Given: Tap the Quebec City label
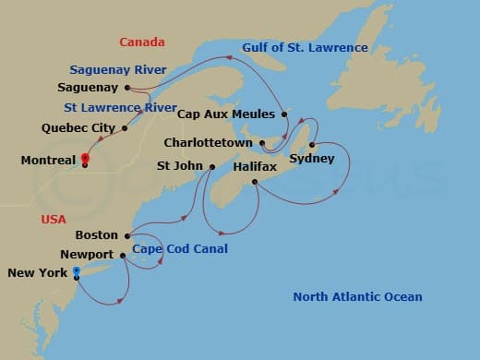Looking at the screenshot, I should coord(78,127).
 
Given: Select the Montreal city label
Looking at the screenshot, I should coord(48,161).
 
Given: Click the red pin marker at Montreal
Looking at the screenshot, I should coord(84,158).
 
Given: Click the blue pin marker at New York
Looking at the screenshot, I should coord(77,271).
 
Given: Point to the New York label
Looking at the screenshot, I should coord(37,273).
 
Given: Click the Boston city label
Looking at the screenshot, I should coord(97,235).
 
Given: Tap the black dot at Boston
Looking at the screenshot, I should coord(126,235).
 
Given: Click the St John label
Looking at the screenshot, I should coord(178,166).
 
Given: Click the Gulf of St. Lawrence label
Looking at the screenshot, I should coord(306,47).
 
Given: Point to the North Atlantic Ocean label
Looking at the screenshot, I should coord(357,296).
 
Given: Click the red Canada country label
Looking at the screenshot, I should coord(142,42).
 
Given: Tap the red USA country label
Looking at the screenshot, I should coord(54,219).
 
